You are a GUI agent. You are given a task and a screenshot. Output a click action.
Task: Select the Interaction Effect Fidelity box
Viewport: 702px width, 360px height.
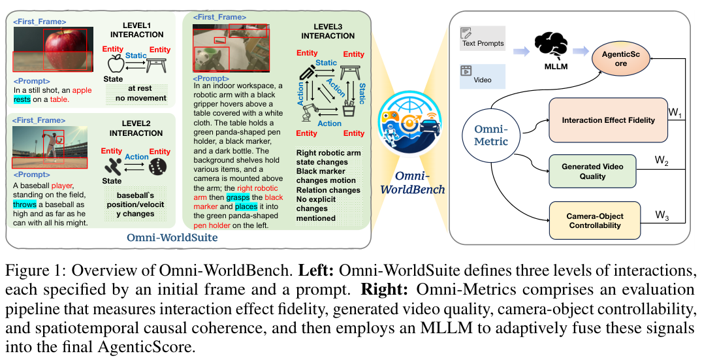click(608, 120)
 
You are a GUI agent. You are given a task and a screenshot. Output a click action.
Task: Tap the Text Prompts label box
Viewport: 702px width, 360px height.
click(483, 38)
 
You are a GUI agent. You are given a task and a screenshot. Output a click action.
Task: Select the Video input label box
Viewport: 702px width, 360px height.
click(483, 75)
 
